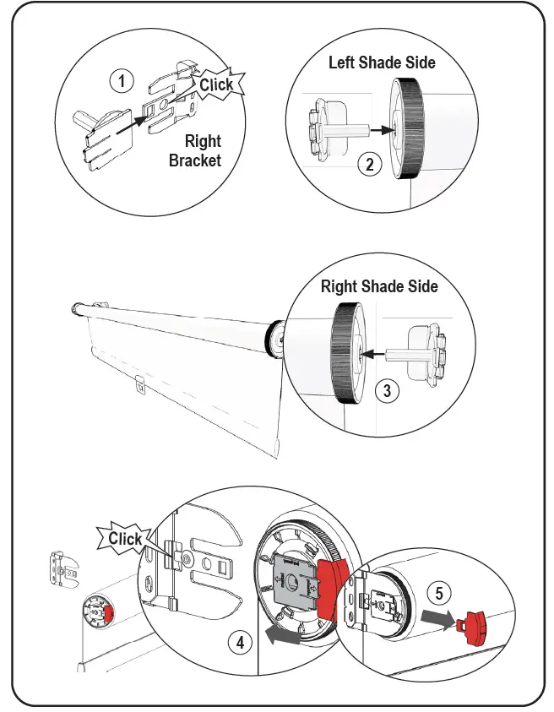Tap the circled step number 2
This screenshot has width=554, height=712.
pyautogui.click(x=368, y=165)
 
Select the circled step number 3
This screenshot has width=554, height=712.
pyautogui.click(x=386, y=391)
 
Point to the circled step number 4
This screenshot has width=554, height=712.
pyautogui.click(x=241, y=643)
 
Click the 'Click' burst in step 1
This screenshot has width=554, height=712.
pyautogui.click(x=216, y=84)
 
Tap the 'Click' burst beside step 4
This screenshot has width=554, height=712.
pyautogui.click(x=125, y=539)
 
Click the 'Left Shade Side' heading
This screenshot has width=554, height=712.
pyautogui.click(x=381, y=63)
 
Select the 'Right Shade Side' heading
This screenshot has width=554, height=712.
pyautogui.click(x=379, y=286)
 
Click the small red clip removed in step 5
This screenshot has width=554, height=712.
pyautogui.click(x=471, y=626)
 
